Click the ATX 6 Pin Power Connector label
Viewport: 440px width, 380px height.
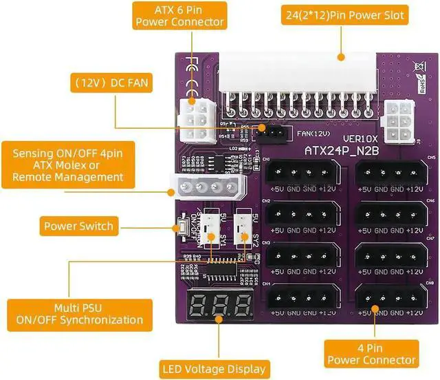pyautogui.click(x=179, y=16)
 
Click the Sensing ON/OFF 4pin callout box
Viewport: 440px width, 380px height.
pyautogui.click(x=68, y=165)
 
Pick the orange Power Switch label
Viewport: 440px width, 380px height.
pyautogui.click(x=78, y=225)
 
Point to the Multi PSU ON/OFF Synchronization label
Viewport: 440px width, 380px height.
pyautogui.click(x=80, y=314)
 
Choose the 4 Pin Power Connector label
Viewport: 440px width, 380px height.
pyautogui.click(x=371, y=353)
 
